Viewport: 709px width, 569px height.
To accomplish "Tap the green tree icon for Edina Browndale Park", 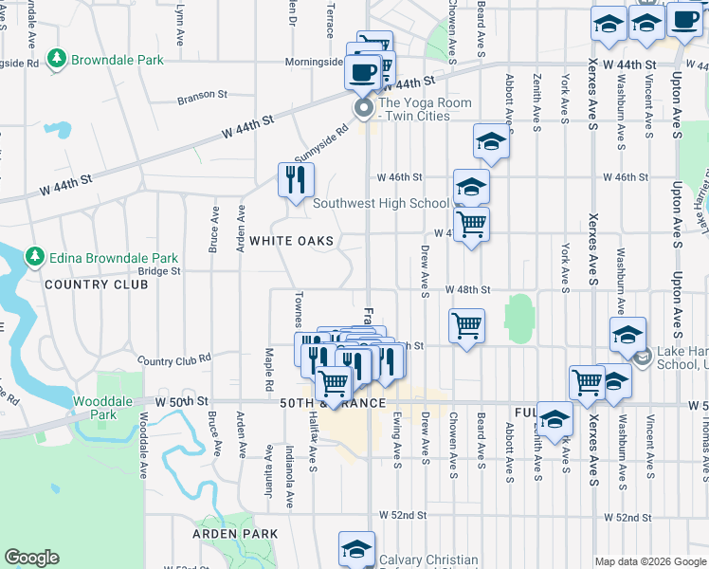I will pos(35,257).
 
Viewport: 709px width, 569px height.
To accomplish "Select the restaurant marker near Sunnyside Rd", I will pos(296,179).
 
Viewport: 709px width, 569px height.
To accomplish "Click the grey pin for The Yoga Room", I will pos(364,109).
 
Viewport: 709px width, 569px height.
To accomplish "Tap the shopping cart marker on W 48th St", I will pos(466,325).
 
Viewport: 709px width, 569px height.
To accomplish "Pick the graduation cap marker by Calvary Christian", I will pos(357,549).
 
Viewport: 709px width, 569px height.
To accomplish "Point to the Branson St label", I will pos(203,95).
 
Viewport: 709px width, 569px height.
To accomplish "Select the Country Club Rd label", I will pos(173,360).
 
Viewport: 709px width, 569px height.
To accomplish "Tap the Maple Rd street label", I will pos(269,361).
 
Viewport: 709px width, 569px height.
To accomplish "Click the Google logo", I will pos(31,558).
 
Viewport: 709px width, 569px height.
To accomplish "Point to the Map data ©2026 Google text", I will pos(648,561).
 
